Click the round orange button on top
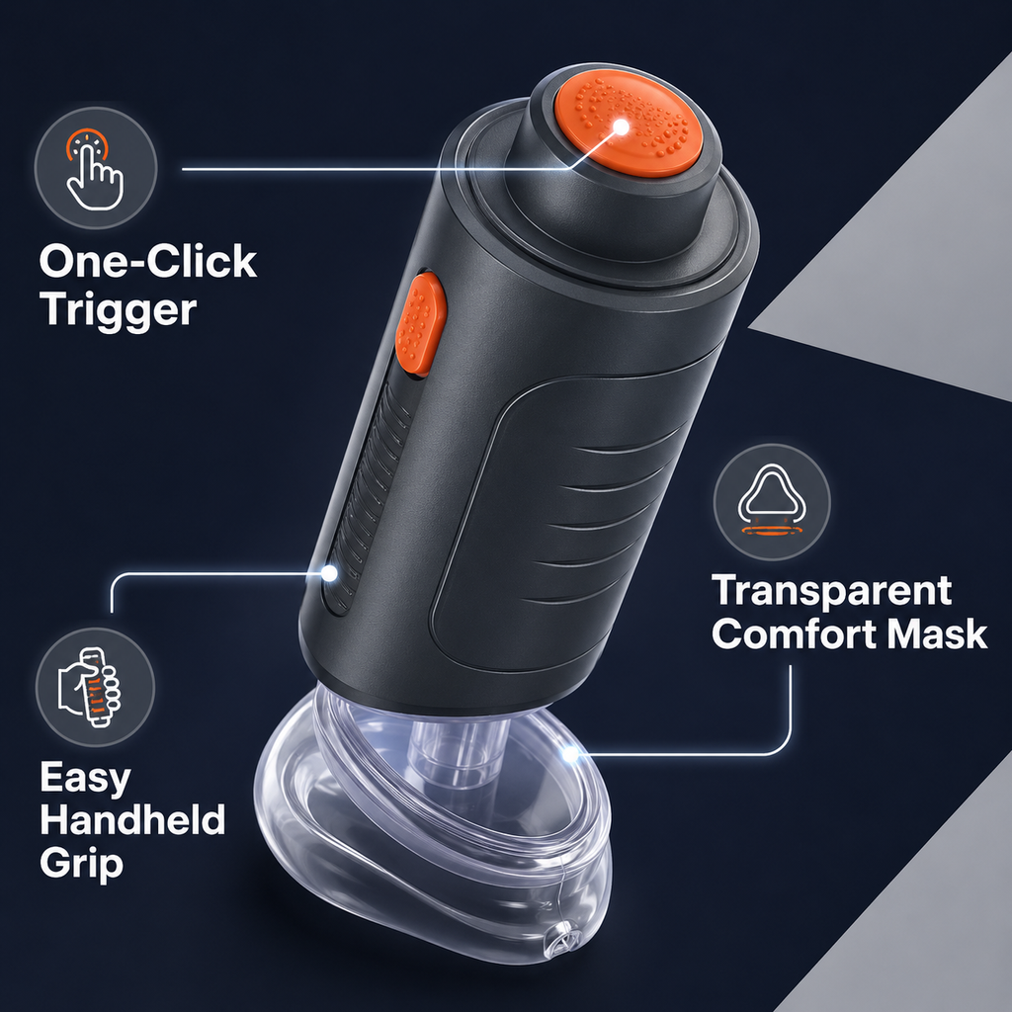pos(629,123)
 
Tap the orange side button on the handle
pos(421,324)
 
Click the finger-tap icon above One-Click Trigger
pos(95,168)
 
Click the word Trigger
pos(119,311)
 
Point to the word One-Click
pos(148,261)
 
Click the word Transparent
pos(832,591)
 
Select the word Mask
pos(937,633)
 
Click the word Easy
pos(85,779)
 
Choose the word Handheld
pos(132,819)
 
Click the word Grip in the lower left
pos(81,865)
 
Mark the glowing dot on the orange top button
pos(621,127)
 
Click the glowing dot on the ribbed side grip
pos(329,572)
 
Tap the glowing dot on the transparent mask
pos(570,753)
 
